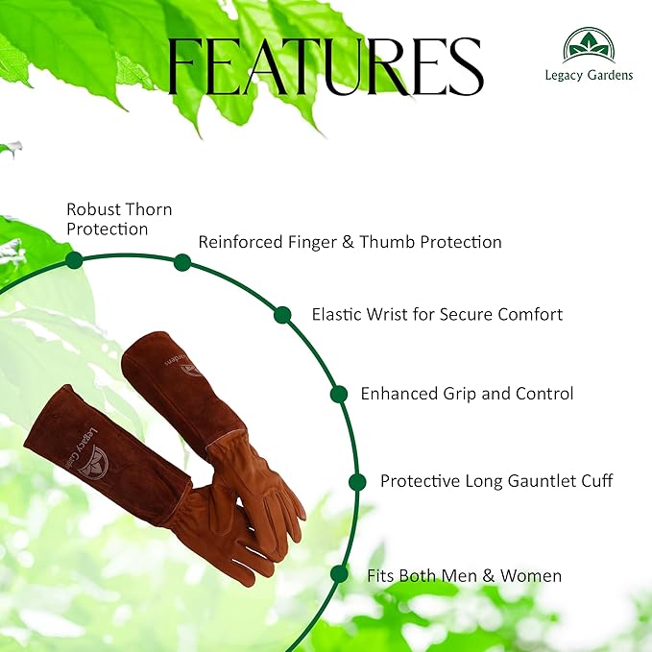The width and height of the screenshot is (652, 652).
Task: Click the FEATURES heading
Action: click(x=326, y=66)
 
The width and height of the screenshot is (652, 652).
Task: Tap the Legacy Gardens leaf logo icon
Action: click(x=590, y=45)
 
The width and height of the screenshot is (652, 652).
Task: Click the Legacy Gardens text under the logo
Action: click(x=590, y=75)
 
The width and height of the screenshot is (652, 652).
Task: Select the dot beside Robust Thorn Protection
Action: click(x=73, y=260)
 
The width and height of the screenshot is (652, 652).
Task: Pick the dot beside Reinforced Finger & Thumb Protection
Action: click(x=182, y=262)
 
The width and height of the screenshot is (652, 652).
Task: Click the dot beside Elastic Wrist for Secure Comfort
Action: click(x=282, y=315)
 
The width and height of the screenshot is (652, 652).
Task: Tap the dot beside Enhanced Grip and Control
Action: click(x=338, y=394)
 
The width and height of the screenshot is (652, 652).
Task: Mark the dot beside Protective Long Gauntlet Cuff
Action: click(x=357, y=482)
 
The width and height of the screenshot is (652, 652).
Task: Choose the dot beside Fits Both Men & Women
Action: click(x=338, y=574)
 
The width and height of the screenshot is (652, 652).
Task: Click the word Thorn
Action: click(x=147, y=208)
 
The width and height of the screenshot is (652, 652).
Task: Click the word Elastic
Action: click(x=338, y=314)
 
